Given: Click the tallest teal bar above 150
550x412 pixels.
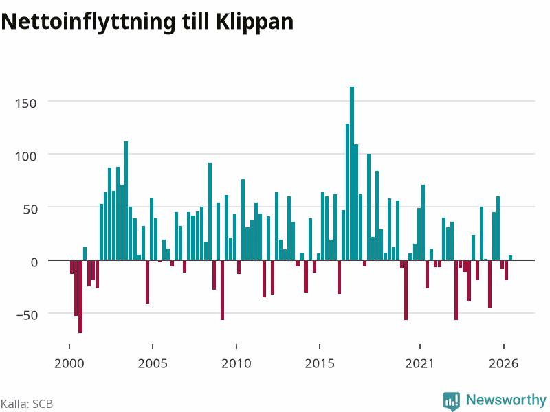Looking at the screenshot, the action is tap(352, 173).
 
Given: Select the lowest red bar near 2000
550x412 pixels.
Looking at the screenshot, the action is tap(80, 297).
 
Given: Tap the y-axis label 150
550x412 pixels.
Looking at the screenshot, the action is tap(25, 104).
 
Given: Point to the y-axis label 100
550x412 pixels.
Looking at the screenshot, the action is tap(25, 157).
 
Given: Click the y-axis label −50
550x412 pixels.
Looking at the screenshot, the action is tap(27, 315).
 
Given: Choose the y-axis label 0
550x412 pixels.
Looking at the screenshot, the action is tap(34, 262).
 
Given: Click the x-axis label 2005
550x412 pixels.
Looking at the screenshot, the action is tap(153, 363).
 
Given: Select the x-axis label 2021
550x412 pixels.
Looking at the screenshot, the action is tap(419, 363).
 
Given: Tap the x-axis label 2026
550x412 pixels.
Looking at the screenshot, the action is tap(503, 363).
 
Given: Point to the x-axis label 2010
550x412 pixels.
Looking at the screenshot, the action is tap(236, 363).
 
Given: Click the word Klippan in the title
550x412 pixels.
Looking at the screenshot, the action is tap(254, 22).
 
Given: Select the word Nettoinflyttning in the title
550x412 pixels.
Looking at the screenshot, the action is tap(88, 22).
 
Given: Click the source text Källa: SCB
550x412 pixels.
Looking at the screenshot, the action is tap(27, 404).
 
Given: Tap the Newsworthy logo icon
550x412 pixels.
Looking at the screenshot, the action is tap(452, 401).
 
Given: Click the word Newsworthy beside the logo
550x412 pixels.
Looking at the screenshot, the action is tap(506, 400).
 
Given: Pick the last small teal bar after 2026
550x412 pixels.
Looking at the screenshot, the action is tap(510, 258).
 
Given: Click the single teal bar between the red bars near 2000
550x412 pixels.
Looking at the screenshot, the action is tap(85, 253).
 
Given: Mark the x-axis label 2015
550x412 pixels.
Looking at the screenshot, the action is tap(320, 363).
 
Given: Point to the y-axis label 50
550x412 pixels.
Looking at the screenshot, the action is tap(30, 209).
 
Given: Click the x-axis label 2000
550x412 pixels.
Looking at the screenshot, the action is tap(69, 363).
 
